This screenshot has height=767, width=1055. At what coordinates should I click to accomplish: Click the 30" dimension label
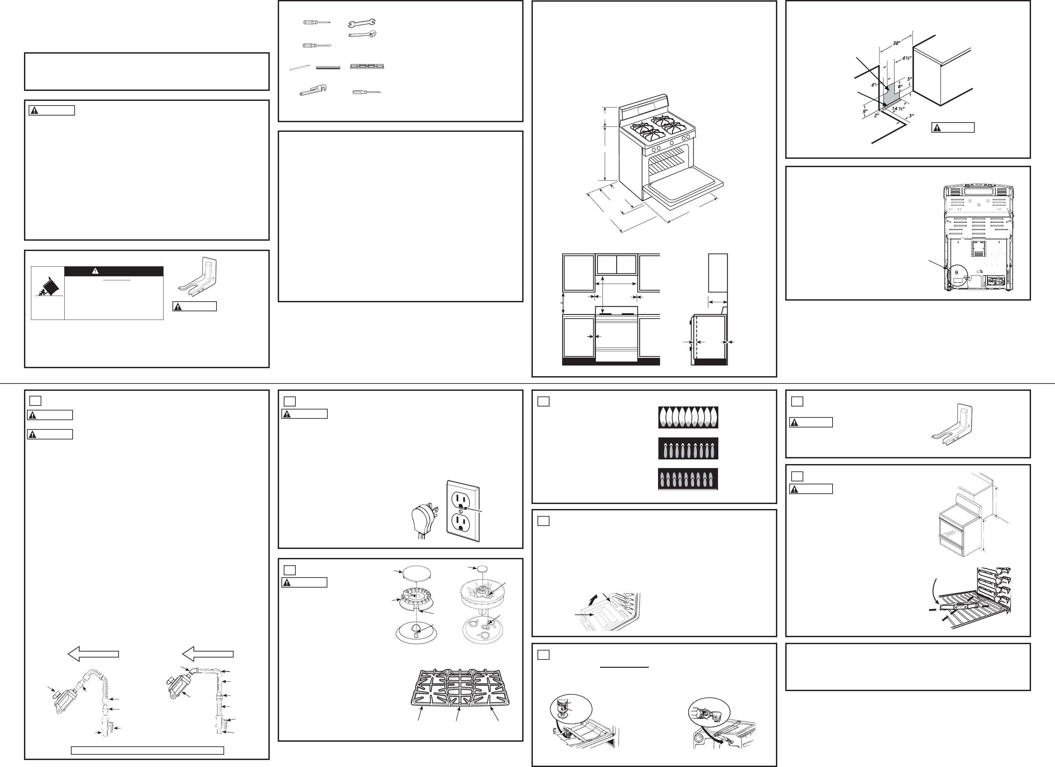(x=896, y=44)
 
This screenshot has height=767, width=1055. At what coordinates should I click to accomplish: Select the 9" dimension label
(x=865, y=112)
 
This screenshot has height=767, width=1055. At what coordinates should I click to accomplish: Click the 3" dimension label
(x=911, y=116)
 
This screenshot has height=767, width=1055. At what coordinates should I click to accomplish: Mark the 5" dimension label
(x=909, y=79)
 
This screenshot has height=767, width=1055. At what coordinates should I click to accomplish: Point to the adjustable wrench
(x=362, y=34)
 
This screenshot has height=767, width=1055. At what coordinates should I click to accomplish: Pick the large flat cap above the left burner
(x=416, y=572)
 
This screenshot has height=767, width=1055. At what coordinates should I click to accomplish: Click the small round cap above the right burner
(x=483, y=568)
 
